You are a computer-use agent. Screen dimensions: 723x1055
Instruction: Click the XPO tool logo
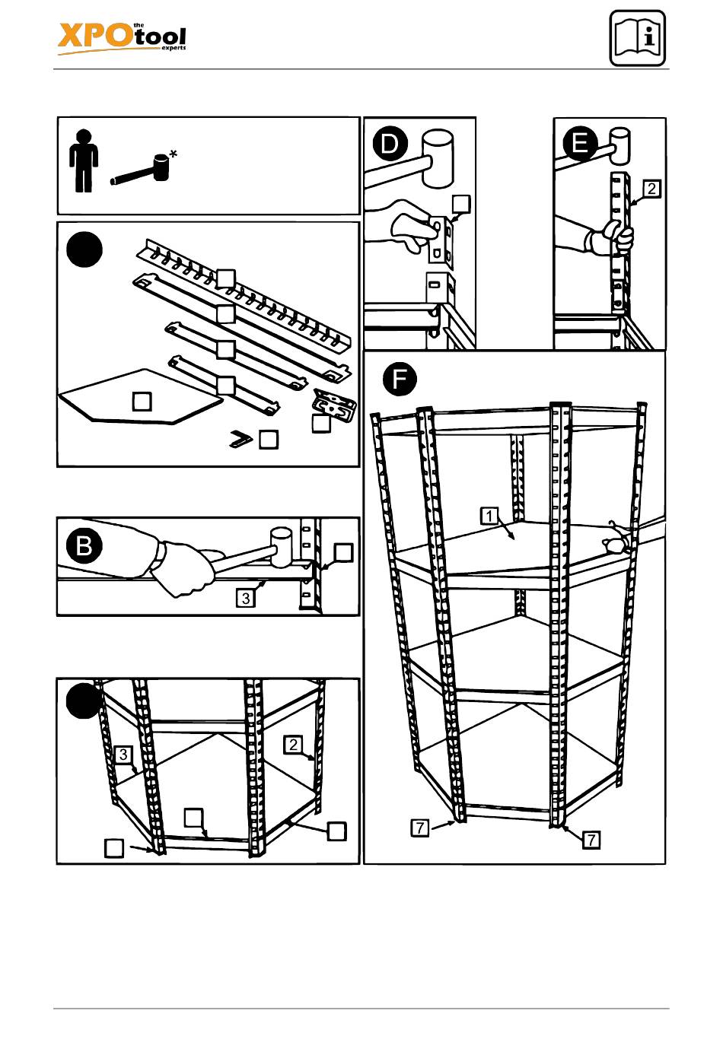coord(122,39)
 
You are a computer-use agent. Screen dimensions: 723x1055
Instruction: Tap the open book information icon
coord(637,38)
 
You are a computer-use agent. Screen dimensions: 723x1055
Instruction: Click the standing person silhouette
coord(84,160)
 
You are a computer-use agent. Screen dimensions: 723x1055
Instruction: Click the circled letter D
coord(390,143)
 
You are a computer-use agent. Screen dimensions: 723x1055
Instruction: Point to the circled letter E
coord(580,142)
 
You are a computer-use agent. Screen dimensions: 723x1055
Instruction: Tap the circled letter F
coord(400,378)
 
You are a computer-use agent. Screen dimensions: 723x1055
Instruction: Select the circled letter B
coord(84,546)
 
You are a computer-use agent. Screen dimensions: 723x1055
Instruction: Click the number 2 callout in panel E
coord(651,189)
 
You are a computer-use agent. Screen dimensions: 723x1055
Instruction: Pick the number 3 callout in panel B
coord(246,598)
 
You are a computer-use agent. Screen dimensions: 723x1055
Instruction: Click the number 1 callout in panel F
coord(489,516)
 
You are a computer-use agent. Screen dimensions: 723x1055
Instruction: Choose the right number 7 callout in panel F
coord(591,839)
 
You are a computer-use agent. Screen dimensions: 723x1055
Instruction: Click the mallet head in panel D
coord(438,159)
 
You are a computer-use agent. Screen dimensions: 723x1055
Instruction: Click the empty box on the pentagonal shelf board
coord(142,402)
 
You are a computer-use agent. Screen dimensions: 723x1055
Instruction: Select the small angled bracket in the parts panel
coord(240,439)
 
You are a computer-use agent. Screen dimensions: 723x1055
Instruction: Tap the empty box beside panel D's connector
coord(461,205)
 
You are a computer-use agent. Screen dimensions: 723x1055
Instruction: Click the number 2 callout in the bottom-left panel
coord(293,745)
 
